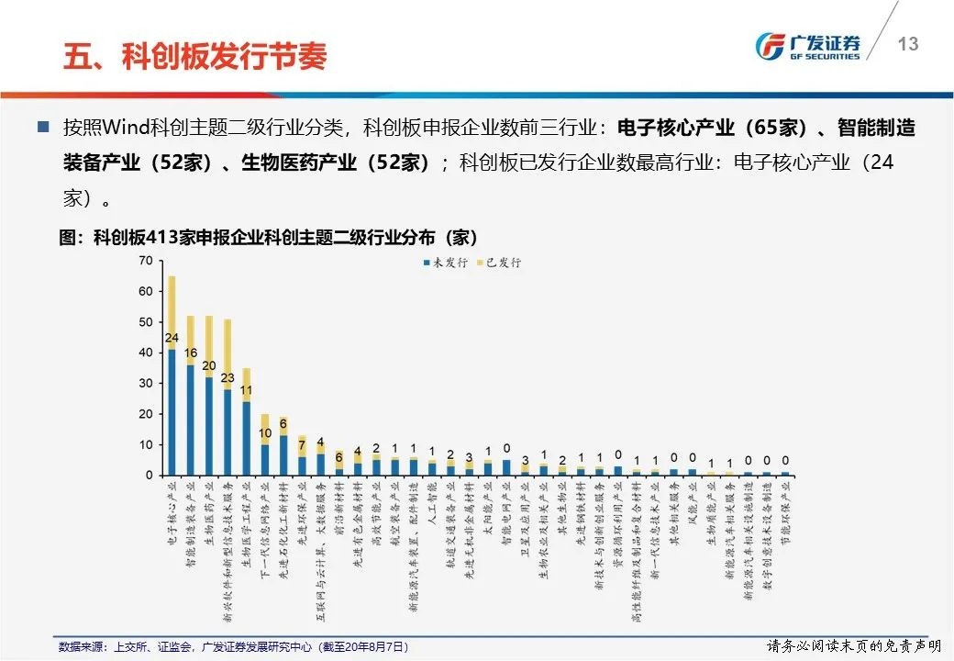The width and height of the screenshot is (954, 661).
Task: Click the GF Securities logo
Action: tap(808, 46)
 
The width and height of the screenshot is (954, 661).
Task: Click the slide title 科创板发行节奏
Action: tap(194, 57)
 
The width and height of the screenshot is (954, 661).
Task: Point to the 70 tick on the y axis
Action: tap(145, 261)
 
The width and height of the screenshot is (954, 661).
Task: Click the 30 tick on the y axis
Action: tap(145, 383)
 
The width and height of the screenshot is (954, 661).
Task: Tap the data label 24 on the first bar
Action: tap(172, 337)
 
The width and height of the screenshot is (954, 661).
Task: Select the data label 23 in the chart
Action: tap(227, 377)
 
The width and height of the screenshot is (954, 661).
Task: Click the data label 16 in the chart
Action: tap(190, 353)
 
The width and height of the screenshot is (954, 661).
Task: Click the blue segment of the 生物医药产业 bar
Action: tap(209, 426)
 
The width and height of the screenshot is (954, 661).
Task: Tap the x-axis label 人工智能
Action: tap(432, 500)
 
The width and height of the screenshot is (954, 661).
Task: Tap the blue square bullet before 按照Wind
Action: tap(42, 127)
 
